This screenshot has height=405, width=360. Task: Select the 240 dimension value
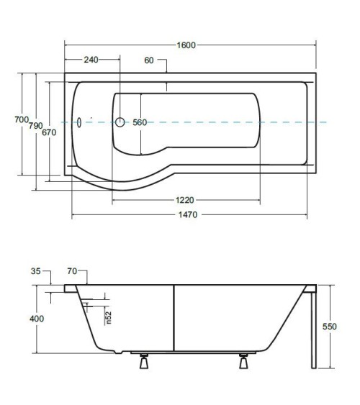91,60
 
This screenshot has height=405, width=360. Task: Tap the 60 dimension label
149,60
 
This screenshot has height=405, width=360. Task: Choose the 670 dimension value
49,132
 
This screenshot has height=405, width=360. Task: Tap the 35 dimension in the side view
36,271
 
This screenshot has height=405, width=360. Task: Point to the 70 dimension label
72,271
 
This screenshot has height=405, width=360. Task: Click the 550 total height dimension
329,326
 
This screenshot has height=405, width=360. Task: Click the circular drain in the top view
120,122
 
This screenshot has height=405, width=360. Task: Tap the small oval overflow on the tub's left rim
79,122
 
